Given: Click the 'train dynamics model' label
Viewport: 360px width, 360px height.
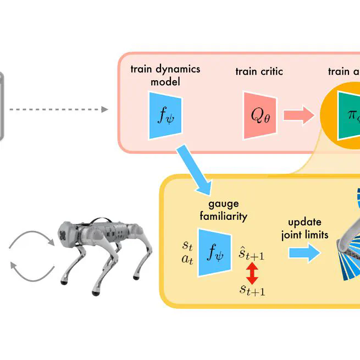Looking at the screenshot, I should [165, 75].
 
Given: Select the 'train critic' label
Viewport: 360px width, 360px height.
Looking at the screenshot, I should [258, 71].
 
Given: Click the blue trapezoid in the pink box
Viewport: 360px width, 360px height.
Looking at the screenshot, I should [165, 116].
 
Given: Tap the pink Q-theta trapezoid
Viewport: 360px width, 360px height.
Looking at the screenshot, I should [258, 115].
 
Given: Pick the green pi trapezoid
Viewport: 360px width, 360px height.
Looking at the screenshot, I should [350, 116].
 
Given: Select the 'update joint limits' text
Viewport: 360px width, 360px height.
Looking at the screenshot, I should [308, 229].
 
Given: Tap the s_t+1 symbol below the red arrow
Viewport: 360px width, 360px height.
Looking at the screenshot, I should [252, 290].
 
